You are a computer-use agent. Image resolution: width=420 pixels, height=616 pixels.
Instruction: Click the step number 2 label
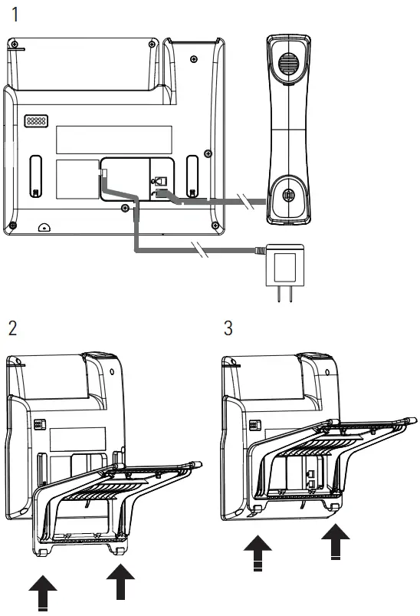(12, 328)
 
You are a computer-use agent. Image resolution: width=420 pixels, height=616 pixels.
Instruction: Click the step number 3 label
(228, 328)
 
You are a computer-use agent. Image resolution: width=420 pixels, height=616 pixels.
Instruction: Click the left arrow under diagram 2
(43, 594)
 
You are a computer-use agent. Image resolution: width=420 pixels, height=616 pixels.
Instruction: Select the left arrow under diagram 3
(258, 555)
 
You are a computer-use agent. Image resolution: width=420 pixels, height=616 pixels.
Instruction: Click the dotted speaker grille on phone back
(35, 121)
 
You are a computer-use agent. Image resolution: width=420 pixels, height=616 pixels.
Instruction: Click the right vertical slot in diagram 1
(191, 174)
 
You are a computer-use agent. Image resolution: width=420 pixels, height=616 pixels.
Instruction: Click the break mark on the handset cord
(244, 202)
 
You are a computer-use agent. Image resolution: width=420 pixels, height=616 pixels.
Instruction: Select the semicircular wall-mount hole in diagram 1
(44, 227)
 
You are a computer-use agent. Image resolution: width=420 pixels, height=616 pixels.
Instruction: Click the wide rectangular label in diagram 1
(113, 139)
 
